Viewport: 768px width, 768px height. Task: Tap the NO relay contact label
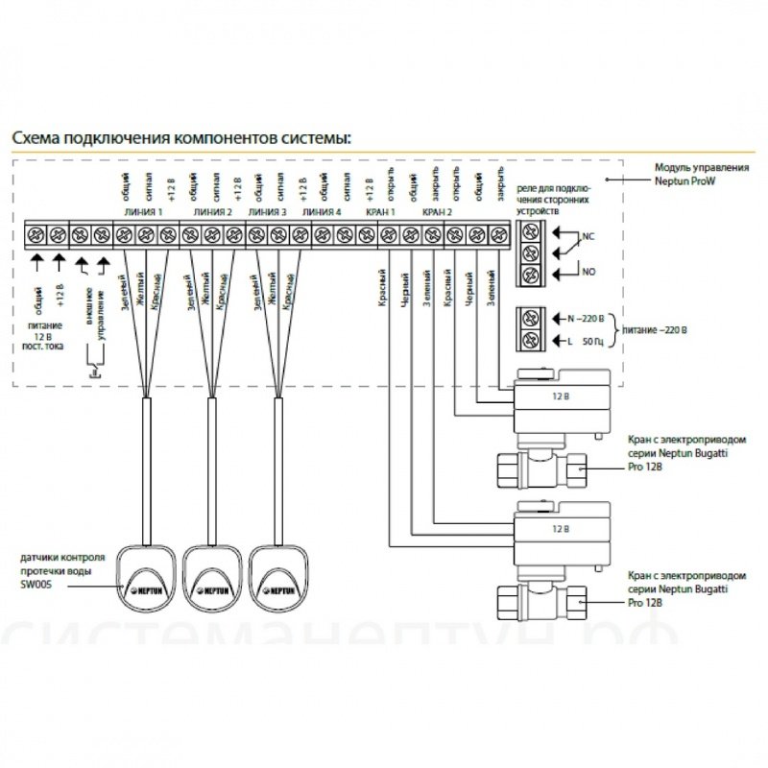pyautogui.click(x=588, y=273)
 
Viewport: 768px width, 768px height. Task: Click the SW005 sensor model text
pyautogui.click(x=33, y=582)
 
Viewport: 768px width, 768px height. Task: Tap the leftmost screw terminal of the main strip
pyautogui.click(x=37, y=232)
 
